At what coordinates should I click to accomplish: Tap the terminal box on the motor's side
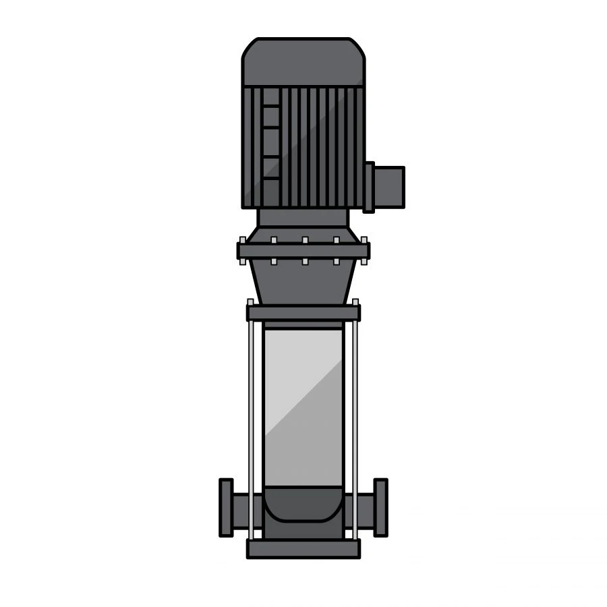point(388,187)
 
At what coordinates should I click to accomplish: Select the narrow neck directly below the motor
point(303,217)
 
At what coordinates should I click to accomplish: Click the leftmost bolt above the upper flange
point(242,240)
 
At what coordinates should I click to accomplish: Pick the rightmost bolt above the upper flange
point(365,240)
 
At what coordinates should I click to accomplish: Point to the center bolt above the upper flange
point(305,240)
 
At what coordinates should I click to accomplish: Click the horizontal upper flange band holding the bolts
point(303,251)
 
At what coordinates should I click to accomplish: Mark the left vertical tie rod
point(251,425)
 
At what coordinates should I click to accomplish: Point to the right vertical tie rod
point(355,425)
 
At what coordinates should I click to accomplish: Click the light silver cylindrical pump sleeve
point(303,405)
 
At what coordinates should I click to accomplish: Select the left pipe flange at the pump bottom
point(226,507)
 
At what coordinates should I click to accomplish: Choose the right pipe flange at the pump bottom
point(381,507)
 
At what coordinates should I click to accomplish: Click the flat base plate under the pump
point(303,548)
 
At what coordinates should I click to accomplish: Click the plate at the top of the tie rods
point(303,313)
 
